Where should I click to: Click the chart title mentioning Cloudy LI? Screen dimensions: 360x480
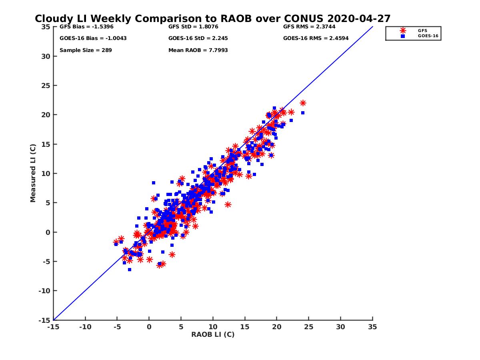pos(212,19)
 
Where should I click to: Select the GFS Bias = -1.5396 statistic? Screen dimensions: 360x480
pos(81,27)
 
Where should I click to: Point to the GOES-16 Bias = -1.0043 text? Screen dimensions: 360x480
pos(88,38)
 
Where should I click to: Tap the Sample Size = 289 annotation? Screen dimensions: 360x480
pos(86,50)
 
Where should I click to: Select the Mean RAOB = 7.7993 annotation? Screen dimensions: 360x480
pos(198,50)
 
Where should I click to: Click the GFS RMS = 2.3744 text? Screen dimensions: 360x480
pos(309,27)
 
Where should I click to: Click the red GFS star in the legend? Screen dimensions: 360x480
pos(403,30)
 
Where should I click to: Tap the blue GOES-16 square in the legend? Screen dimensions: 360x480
pos(403,36)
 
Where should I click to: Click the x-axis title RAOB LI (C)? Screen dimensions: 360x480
pos(212,334)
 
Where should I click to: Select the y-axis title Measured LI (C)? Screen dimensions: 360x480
pos(33,173)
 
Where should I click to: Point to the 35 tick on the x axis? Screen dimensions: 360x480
pos(372,327)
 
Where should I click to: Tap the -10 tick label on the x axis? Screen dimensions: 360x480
pos(85,327)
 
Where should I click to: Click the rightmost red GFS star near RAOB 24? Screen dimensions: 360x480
pos(303,103)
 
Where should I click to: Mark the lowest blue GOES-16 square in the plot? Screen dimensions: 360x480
pos(130,270)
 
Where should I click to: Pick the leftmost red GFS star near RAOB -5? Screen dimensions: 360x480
pos(116,242)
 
